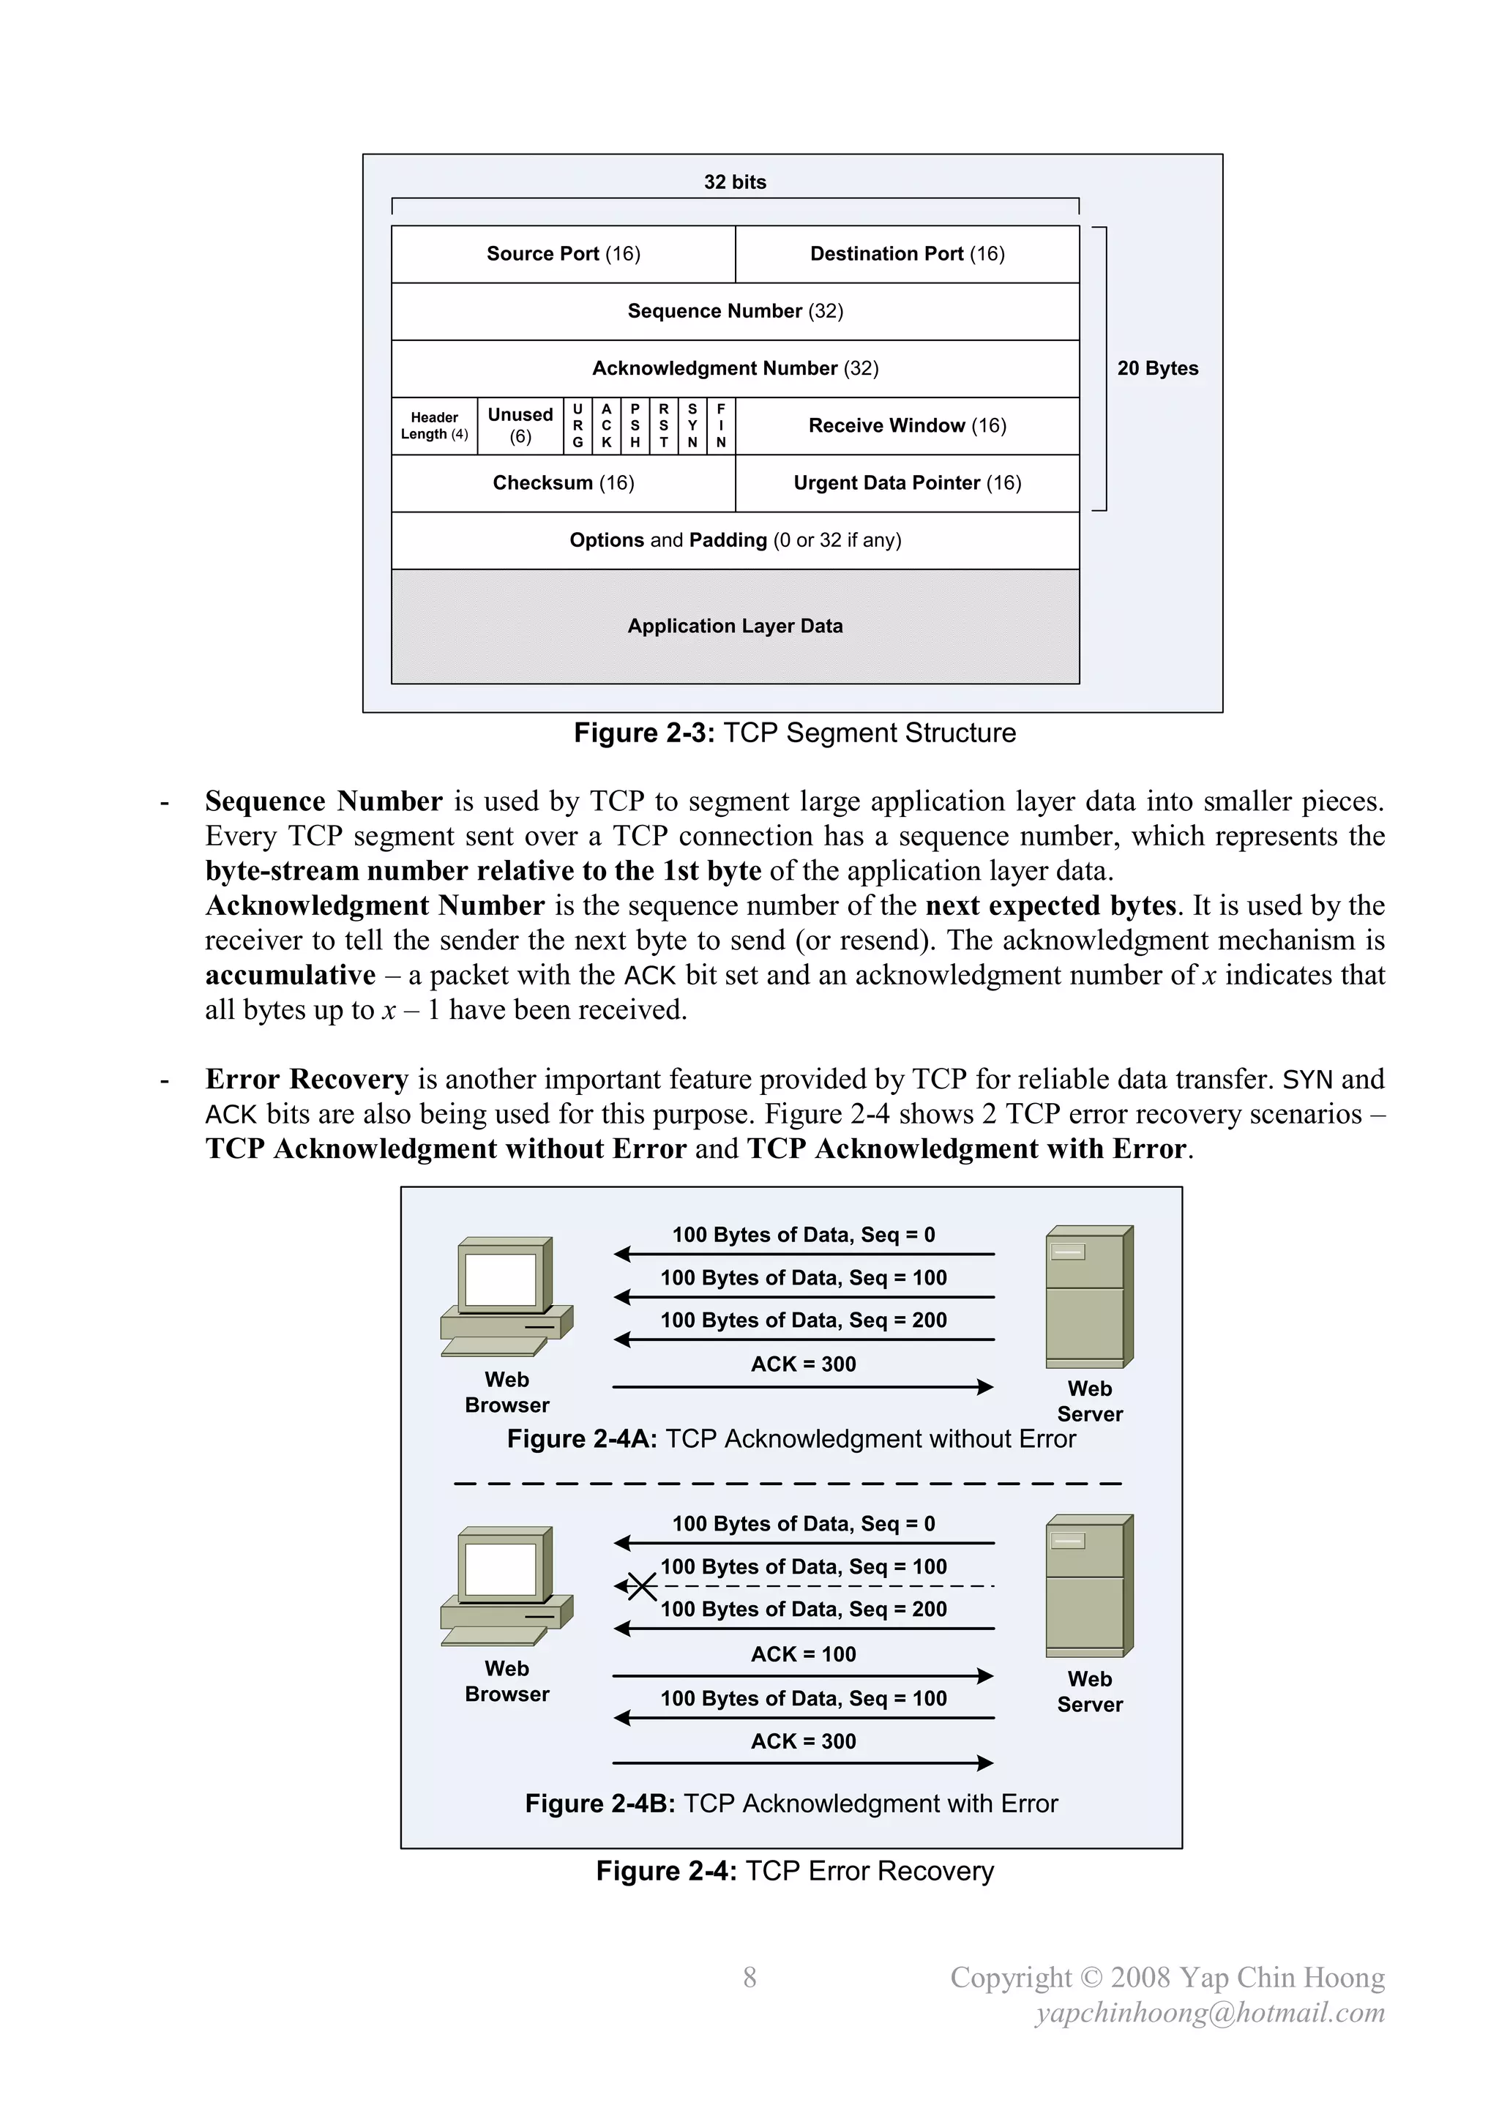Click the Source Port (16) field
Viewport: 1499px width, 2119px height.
563,254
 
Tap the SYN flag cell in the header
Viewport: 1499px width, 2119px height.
692,425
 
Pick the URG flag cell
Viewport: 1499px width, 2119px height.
577,425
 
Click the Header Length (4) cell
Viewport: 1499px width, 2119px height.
434,425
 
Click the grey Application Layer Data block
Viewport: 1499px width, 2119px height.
735,626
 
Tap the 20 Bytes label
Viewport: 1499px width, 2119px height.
1157,368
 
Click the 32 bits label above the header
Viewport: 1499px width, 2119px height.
735,182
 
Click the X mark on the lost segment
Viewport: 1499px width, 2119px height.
640,1586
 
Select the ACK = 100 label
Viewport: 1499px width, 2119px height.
803,1654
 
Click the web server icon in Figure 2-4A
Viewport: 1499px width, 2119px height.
1089,1297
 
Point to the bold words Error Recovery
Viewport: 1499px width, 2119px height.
307,1079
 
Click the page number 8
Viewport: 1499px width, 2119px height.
749,1976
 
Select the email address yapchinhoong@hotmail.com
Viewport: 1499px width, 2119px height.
1209,2012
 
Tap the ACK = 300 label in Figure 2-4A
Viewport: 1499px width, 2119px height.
803,1364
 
